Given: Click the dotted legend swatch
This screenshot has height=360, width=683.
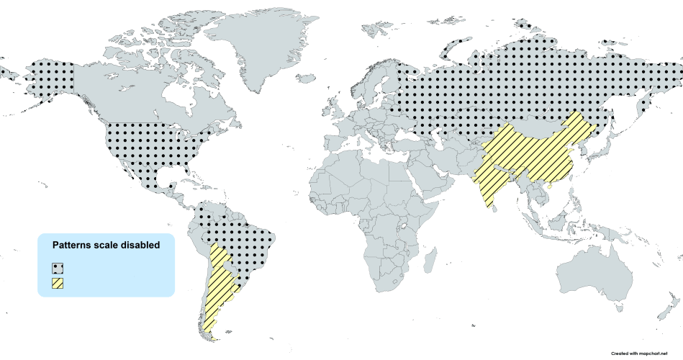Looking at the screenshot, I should pyautogui.click(x=57, y=268).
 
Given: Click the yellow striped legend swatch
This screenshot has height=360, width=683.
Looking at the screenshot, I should pyautogui.click(x=57, y=284).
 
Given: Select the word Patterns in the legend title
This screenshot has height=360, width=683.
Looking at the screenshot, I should pyautogui.click(x=74, y=245).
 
